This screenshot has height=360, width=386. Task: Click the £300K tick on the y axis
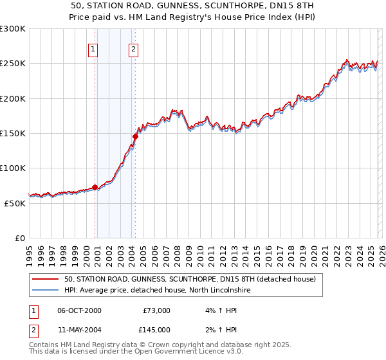click(x=13, y=29)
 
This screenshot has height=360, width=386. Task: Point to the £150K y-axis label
click(x=13, y=133)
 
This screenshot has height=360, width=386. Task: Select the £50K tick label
click(x=15, y=203)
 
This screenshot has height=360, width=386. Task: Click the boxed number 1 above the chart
click(x=93, y=49)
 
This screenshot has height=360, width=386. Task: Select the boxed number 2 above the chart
click(x=133, y=49)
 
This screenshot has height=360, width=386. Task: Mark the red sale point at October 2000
click(x=95, y=187)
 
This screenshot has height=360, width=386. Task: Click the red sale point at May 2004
click(x=136, y=136)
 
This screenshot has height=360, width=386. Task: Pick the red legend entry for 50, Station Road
click(x=190, y=280)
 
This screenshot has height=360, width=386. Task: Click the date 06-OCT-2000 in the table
click(x=79, y=310)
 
